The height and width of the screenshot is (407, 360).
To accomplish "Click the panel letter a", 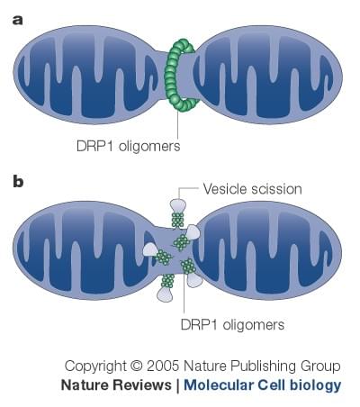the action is point(18,21).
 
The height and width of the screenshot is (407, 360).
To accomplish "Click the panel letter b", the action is point(18,181).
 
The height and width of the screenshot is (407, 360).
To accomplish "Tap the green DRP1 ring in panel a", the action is point(170,74).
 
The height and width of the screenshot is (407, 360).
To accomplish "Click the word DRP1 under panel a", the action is point(94,146).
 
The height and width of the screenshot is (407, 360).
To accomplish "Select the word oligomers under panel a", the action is point(149,147).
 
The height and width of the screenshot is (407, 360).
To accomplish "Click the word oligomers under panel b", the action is point(254,325).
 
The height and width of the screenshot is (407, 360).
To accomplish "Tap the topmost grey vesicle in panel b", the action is point(178,205).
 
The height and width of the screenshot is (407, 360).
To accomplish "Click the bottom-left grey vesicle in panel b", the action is point(165,294).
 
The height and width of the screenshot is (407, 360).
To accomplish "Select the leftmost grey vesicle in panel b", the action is point(150,249).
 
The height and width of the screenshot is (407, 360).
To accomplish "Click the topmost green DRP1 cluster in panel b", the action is point(177,220).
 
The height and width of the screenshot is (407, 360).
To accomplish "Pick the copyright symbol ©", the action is point(137,366).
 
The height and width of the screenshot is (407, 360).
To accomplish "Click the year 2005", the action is point(163,366).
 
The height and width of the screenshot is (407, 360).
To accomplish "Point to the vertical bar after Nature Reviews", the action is point(177,385).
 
